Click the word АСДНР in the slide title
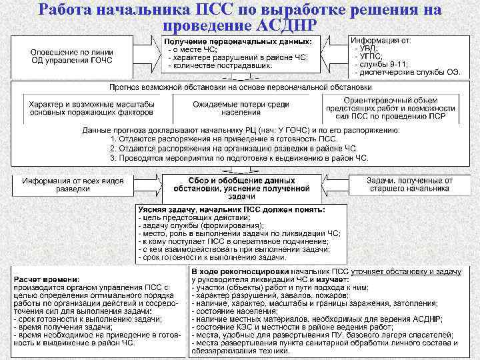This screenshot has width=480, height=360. pyautogui.click(x=287, y=25)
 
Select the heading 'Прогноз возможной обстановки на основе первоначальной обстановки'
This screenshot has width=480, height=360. pyautogui.click(x=240, y=88)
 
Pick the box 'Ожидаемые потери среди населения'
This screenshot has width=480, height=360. pyautogui.click(x=241, y=109)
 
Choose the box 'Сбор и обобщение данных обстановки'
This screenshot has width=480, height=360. pyautogui.click(x=241, y=188)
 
